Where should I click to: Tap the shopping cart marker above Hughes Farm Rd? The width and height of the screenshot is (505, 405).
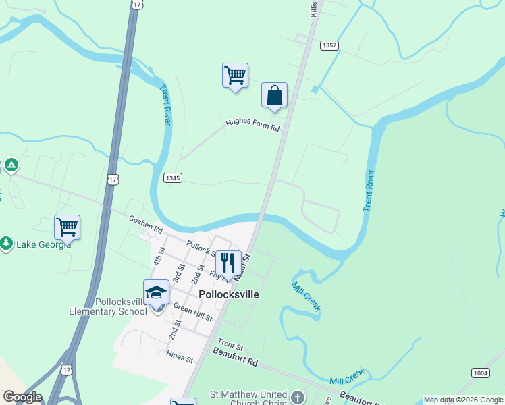click(x=235, y=76)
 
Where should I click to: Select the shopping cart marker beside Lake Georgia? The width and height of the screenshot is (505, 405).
click(x=68, y=227)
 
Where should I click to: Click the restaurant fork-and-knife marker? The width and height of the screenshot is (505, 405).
click(x=228, y=262)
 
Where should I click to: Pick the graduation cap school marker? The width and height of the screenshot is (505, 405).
click(x=156, y=292)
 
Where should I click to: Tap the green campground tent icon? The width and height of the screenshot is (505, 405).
click(x=11, y=165)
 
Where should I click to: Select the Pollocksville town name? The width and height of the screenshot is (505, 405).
click(x=229, y=295)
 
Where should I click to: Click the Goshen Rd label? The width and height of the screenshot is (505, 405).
click(x=146, y=224)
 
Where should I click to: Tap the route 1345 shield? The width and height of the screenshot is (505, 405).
click(x=173, y=178)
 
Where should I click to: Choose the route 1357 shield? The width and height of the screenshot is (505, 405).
click(x=329, y=45)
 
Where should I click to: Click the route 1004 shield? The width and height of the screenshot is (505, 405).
click(x=480, y=373)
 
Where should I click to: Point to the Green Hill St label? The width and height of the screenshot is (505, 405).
click(x=193, y=313)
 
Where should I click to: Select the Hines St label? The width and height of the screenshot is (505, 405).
click(x=180, y=356)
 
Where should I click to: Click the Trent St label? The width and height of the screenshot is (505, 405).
click(x=230, y=346)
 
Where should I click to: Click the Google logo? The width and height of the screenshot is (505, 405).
click(x=22, y=397)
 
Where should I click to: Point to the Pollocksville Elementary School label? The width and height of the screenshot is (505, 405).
click(x=108, y=306)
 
